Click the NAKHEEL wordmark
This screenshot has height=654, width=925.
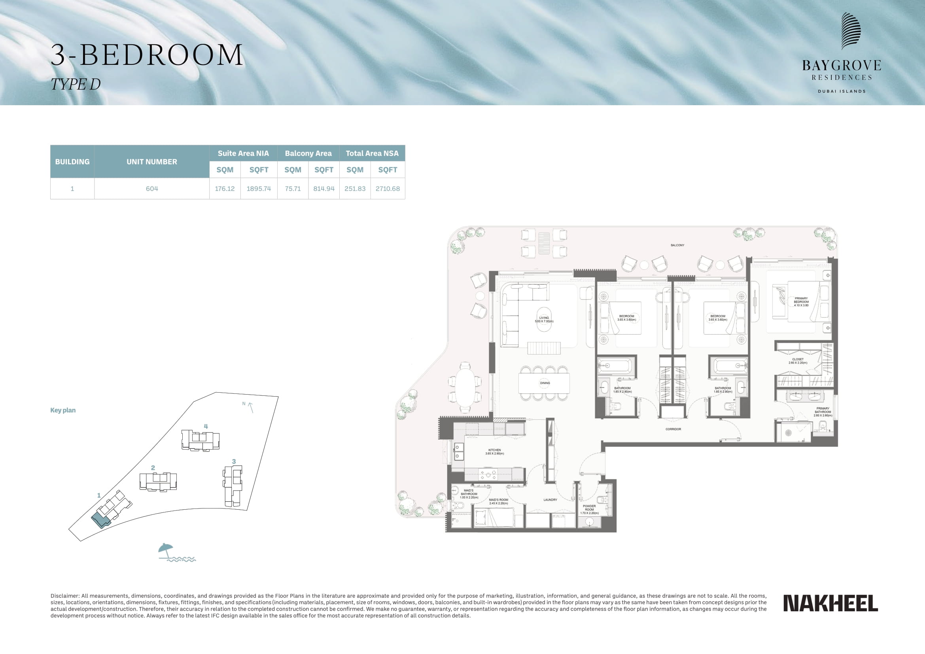coord(830,603)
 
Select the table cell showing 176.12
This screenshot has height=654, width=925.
coord(225,189)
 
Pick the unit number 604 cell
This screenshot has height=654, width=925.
coord(152,189)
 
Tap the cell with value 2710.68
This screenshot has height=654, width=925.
coord(388,189)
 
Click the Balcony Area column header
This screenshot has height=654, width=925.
coord(308,153)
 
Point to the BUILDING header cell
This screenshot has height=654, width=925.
coord(72,161)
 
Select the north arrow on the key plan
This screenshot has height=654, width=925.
coord(251,408)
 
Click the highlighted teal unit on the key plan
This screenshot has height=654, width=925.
coord(100,521)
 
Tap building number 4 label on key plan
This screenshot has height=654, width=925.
coord(206,426)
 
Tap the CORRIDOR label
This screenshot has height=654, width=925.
coord(673,429)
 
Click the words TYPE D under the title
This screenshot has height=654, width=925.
coord(76,84)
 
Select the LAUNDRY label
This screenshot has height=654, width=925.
coord(550,500)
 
